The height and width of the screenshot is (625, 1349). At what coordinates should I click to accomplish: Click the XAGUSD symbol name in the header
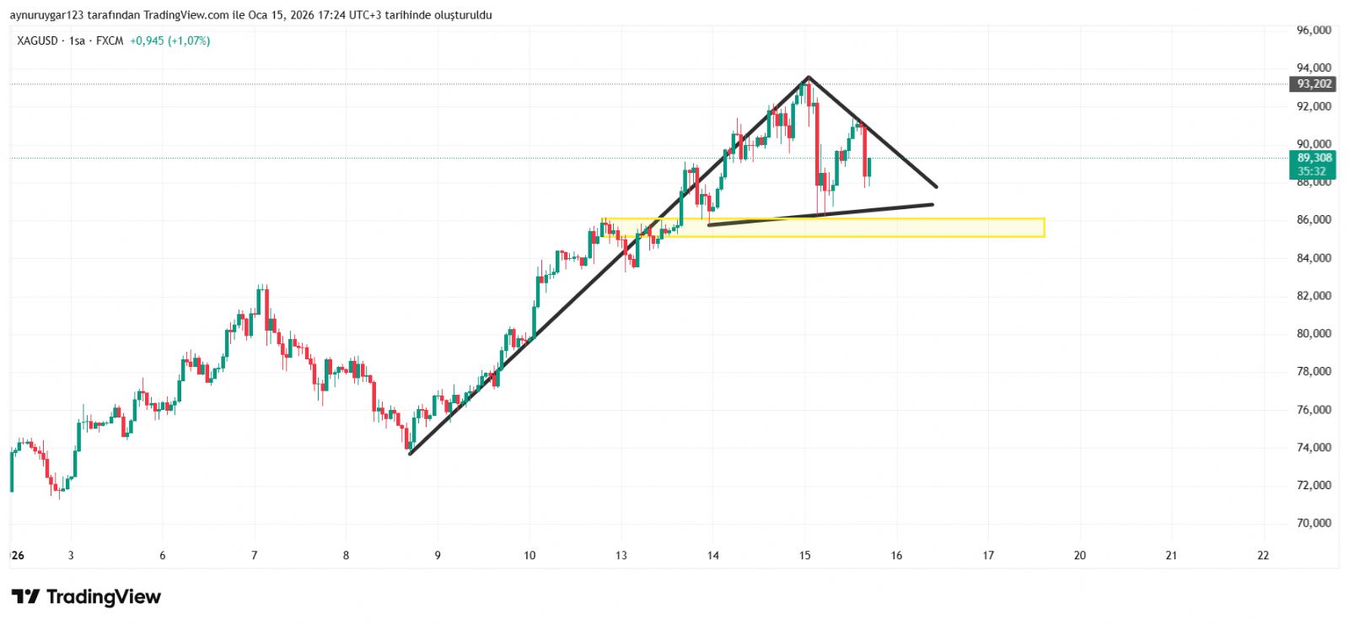pos(37,40)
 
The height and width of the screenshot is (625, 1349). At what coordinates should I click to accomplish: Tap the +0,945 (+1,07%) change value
pos(169,40)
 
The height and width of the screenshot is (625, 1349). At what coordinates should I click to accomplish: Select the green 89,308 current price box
pos(1314,164)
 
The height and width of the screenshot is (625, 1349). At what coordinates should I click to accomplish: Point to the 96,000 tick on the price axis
pos(1314,30)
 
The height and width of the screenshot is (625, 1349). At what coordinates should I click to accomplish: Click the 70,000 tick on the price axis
pos(1314,523)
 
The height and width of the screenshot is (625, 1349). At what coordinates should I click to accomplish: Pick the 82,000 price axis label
pos(1314,295)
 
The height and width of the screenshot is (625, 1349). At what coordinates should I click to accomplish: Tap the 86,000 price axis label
pos(1314,219)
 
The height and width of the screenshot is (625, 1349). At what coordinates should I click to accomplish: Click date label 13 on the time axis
pos(621,555)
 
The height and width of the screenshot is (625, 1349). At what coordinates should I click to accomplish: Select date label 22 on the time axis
pos(1262,555)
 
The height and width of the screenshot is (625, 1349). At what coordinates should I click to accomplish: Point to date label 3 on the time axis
pos(71,555)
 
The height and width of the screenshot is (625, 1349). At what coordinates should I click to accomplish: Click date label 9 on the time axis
pos(438,555)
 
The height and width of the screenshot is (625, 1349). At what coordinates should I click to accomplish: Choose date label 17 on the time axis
pos(988,555)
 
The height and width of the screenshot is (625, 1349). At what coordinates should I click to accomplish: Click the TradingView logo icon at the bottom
pos(25,597)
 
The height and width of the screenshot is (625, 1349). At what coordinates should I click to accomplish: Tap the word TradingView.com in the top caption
pos(186,15)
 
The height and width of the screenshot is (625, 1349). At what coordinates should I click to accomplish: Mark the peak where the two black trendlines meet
pos(808,78)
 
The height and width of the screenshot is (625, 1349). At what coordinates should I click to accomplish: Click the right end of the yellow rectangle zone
pos(1044,228)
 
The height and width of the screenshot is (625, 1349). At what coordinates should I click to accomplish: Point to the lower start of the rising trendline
pos(410,454)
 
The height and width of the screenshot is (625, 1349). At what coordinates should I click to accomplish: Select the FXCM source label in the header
pos(110,40)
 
